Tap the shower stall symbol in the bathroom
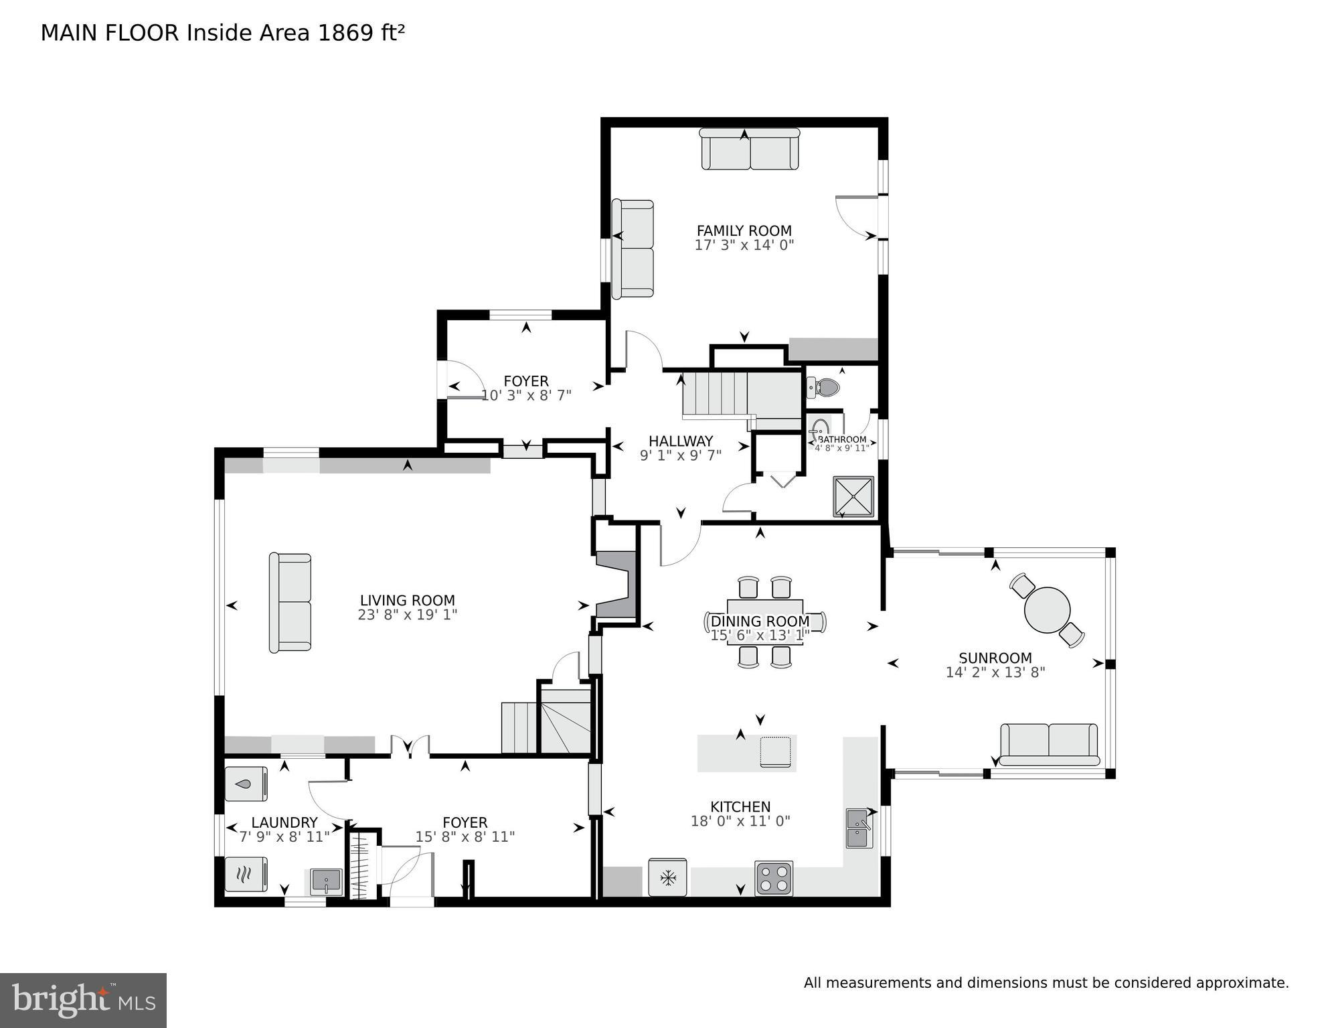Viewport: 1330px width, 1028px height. tap(853, 497)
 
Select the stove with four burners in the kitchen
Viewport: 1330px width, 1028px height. tap(774, 879)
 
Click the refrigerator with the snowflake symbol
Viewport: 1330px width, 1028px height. tap(667, 877)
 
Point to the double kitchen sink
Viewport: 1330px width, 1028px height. tap(858, 828)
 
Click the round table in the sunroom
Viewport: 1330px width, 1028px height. tap(1047, 610)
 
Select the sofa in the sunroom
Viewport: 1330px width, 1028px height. tap(1049, 744)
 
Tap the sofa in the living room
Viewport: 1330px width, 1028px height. tap(290, 602)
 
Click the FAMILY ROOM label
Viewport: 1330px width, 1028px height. tap(744, 230)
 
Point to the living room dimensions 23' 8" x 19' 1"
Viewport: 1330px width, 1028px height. tap(407, 615)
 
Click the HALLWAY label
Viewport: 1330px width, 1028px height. tap(680, 441)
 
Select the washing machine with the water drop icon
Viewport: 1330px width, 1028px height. tap(246, 784)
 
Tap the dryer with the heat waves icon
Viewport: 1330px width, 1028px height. tap(246, 874)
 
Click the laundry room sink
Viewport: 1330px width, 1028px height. tap(326, 881)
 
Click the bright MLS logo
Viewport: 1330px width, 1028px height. tap(83, 1000)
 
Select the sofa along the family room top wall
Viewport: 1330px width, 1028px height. tap(750, 149)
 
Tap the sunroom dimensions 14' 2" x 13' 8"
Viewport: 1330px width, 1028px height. tap(995, 672)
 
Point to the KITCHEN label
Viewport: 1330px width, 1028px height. tap(740, 806)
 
